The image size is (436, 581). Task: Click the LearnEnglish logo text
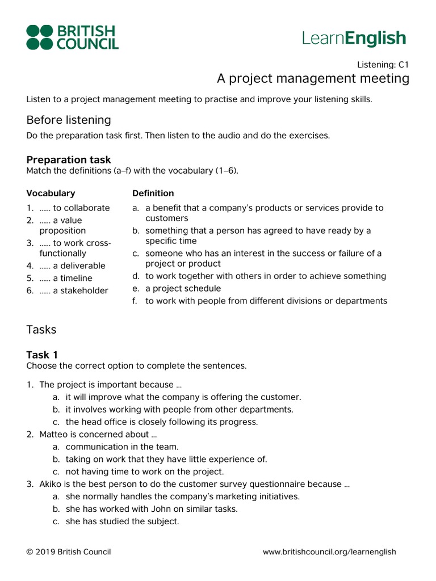(x=354, y=38)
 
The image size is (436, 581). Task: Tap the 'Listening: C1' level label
(x=383, y=65)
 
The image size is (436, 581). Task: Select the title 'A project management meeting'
(x=313, y=78)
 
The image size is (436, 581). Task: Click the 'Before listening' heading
(x=69, y=120)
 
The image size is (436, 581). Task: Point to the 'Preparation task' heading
(x=69, y=159)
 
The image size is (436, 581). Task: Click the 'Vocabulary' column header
(x=51, y=193)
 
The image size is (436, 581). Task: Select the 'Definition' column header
(x=153, y=193)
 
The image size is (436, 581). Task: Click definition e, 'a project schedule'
(x=183, y=288)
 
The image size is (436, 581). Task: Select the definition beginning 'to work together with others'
(x=265, y=276)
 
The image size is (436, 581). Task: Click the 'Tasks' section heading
(x=41, y=329)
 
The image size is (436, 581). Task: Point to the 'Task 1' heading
(x=42, y=355)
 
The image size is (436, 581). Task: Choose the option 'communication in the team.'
(x=122, y=447)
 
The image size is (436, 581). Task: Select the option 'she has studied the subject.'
(x=122, y=521)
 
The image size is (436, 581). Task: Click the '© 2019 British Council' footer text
(x=69, y=551)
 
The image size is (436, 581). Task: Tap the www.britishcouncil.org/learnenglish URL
(x=329, y=551)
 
